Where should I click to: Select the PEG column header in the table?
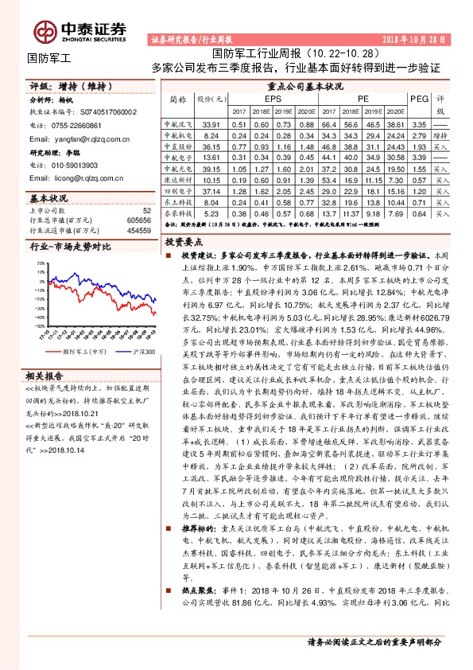pos(419,98)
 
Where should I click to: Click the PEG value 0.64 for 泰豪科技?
pos(419,214)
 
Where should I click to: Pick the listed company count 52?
pos(145,208)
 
